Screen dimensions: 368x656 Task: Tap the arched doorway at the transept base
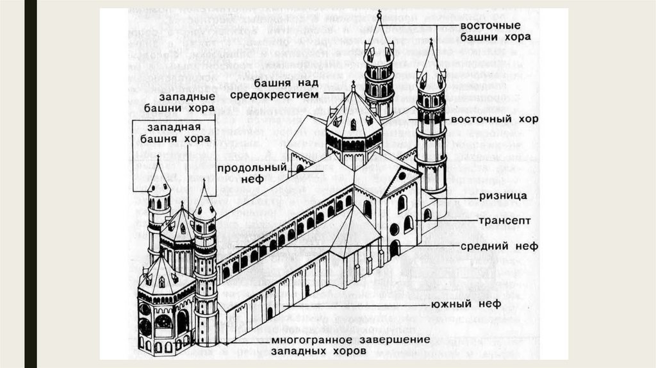[395, 248]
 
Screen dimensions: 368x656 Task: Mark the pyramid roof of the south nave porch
[354, 228]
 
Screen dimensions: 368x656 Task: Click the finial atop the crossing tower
[353, 85]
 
